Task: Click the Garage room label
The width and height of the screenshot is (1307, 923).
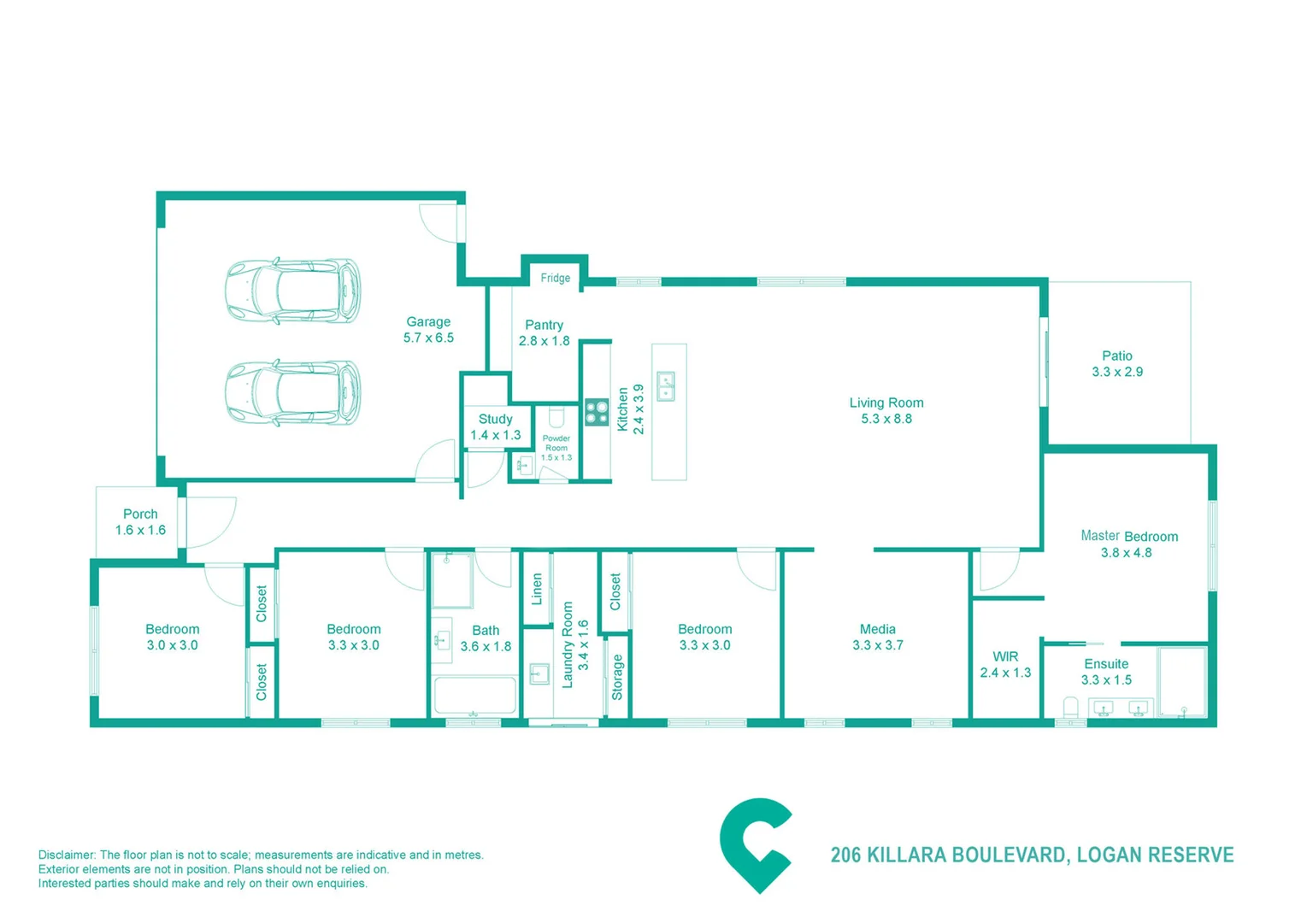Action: tap(427, 322)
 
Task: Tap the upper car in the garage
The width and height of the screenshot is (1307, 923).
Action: tap(292, 291)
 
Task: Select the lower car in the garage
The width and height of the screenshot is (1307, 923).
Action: tap(292, 392)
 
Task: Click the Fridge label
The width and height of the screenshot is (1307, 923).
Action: tap(555, 278)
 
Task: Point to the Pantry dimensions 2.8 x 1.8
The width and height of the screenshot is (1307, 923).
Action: tap(544, 341)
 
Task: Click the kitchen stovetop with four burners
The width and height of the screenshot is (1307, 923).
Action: tap(597, 413)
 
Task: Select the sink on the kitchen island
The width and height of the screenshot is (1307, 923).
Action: tap(666, 386)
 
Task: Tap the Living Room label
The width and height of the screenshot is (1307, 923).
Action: tap(886, 403)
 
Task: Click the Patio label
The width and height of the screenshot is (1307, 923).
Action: tap(1116, 356)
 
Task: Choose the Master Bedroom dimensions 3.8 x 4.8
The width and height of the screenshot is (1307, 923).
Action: tap(1126, 553)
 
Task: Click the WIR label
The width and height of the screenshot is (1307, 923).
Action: tap(1005, 656)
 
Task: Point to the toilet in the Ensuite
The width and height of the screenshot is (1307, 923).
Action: tap(1070, 708)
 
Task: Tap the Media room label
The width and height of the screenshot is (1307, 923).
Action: tap(877, 629)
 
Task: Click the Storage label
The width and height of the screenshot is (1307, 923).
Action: tap(617, 678)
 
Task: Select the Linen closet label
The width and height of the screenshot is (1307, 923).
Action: tap(537, 589)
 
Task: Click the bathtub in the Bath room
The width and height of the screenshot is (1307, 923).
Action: tap(474, 696)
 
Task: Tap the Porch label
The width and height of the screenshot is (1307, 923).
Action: tap(140, 514)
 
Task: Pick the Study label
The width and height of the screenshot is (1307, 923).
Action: tap(495, 419)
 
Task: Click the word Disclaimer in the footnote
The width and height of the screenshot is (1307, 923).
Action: tap(67, 855)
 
